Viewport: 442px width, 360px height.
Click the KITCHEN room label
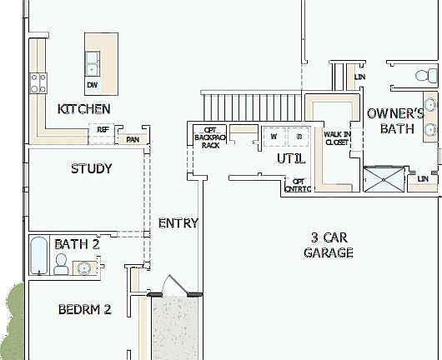coord(83,109)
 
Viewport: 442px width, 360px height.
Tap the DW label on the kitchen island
coord(91,84)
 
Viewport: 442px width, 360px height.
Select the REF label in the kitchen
coord(103,130)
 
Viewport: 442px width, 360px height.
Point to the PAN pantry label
coord(132,139)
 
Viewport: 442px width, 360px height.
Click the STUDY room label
coord(91,168)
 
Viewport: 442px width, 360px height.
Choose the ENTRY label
coord(178,222)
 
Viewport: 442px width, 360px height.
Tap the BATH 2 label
coord(77,244)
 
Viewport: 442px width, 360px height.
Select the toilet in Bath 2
coord(60,265)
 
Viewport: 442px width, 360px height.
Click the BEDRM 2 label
coord(84,310)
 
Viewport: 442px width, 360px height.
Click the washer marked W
coord(273,137)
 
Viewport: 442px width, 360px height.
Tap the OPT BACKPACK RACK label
coord(209,137)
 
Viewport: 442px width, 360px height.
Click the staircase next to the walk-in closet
coord(252,107)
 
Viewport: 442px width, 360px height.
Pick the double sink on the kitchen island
coord(93,60)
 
